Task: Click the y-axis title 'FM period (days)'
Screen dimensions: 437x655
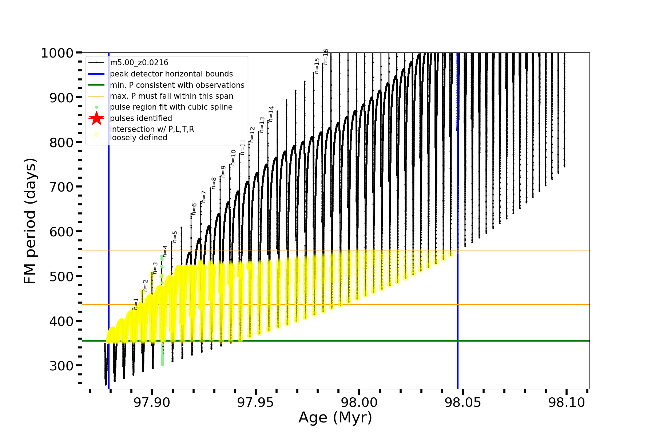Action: coord(30,221)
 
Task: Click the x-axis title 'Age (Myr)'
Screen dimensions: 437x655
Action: coord(335,418)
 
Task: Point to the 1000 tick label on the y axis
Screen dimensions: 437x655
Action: coord(57,53)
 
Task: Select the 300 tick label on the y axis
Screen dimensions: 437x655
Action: coord(61,366)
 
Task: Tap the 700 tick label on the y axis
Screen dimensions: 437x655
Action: coord(61,187)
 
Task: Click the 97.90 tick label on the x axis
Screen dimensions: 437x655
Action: coord(152,403)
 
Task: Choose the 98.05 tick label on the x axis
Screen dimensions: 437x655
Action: coord(463,403)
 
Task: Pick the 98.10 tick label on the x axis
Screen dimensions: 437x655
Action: coord(566,403)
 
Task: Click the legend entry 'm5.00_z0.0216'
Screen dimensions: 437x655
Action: coord(139,63)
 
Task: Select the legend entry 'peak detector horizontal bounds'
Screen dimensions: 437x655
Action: coord(171,74)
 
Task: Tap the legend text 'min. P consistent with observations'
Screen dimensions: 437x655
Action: coord(177,85)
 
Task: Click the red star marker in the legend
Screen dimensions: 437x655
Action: coord(96,118)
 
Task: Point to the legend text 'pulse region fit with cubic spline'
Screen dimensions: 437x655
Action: coord(171,107)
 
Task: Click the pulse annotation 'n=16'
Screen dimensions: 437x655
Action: coord(326,57)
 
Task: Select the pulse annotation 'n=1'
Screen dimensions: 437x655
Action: coord(136,304)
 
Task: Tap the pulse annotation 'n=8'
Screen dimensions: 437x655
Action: coord(214,183)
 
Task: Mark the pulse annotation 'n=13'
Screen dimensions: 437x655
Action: coord(262,125)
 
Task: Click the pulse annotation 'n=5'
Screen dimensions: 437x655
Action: coord(175,237)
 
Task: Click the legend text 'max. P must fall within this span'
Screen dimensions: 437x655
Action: coord(171,96)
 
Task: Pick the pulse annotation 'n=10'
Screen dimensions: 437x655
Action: coord(233,157)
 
